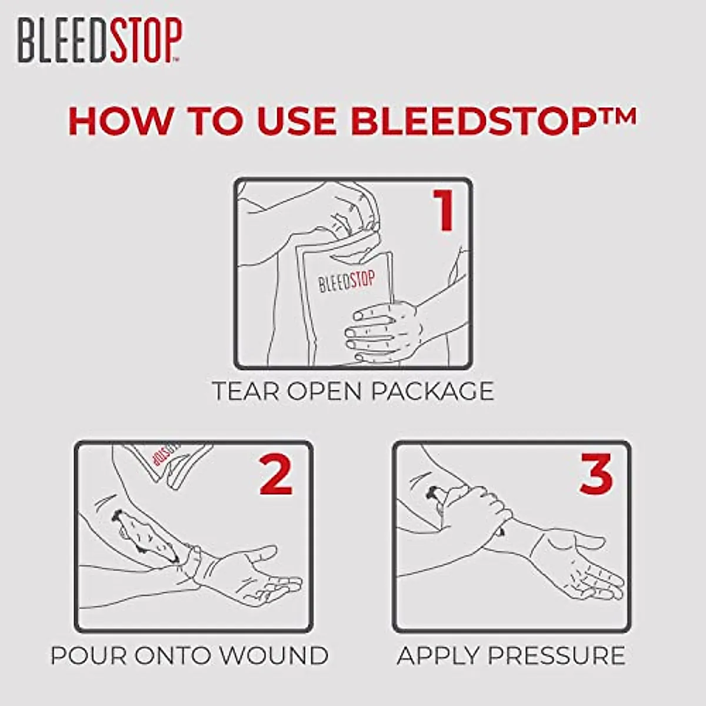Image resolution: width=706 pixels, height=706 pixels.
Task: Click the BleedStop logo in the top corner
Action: [99, 40]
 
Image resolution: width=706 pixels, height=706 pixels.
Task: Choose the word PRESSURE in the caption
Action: [555, 655]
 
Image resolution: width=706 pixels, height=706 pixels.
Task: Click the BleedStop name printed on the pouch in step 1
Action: [347, 281]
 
